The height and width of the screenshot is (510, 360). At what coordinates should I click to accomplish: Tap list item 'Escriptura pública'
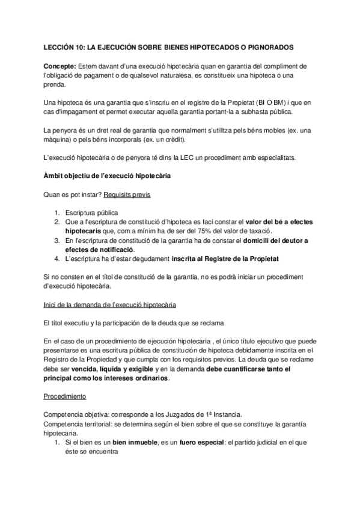[93, 214]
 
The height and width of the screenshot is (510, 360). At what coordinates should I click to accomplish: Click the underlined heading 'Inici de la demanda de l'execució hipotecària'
[110, 304]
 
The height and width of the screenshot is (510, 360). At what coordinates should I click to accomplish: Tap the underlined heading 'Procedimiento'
[66, 397]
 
